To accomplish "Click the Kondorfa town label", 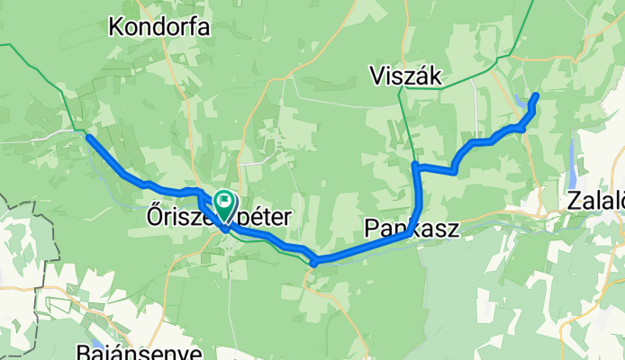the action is (x=159, y=27).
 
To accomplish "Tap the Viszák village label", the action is (x=405, y=78).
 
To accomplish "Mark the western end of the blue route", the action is (x=88, y=137).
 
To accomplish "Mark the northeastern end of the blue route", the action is (x=537, y=95).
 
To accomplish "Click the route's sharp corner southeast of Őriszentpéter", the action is (x=314, y=262).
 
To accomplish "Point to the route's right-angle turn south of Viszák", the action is (x=414, y=166).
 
